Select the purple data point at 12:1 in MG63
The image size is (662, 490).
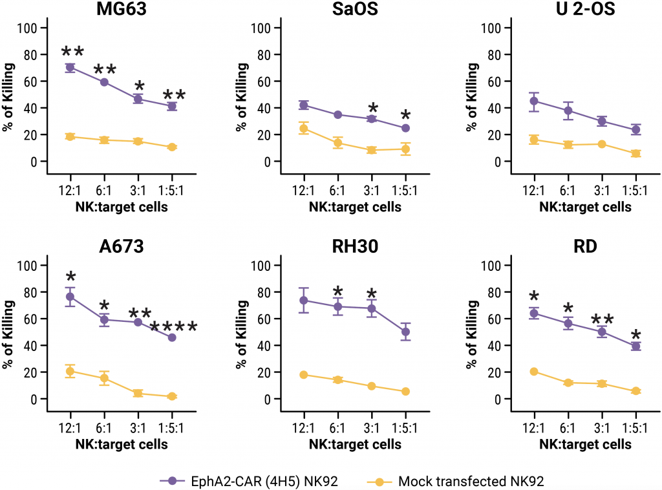[x=70, y=67]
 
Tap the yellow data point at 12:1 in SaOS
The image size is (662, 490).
[x=303, y=129]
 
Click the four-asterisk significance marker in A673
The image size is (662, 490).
[x=173, y=327]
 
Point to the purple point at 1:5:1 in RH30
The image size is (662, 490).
[x=405, y=332]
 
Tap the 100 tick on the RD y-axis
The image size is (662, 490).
[x=492, y=266]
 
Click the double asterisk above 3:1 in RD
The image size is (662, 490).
[x=602, y=320]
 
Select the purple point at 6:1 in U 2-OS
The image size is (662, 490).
[x=568, y=111]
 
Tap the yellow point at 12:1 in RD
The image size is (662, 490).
[x=534, y=372]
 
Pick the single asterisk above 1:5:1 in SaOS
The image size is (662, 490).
[x=405, y=116]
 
